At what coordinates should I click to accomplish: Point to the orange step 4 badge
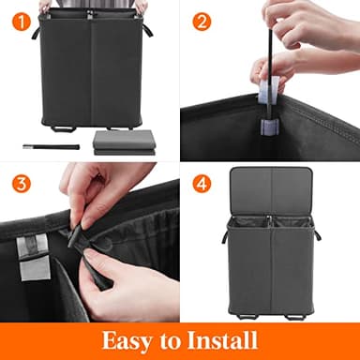coord(202,182)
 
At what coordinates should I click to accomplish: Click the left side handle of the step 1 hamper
coord(37,32)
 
